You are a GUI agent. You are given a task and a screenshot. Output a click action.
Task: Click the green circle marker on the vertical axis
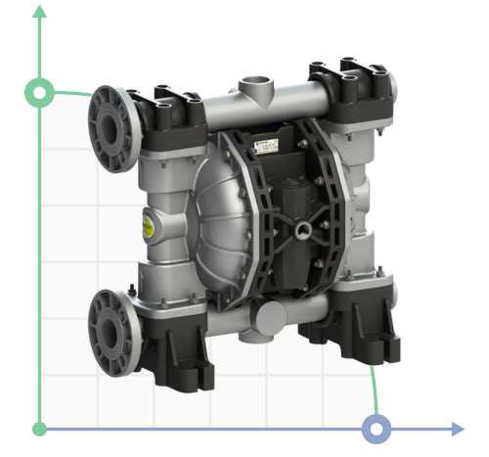point(40,93)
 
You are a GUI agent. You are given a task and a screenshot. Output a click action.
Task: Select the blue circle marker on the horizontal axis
point(377,429)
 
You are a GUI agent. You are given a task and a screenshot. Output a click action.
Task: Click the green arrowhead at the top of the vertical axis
point(40,12)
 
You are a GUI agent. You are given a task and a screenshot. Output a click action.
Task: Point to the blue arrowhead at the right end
point(457,429)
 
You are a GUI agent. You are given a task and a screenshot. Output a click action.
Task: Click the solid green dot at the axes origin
point(40,429)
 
